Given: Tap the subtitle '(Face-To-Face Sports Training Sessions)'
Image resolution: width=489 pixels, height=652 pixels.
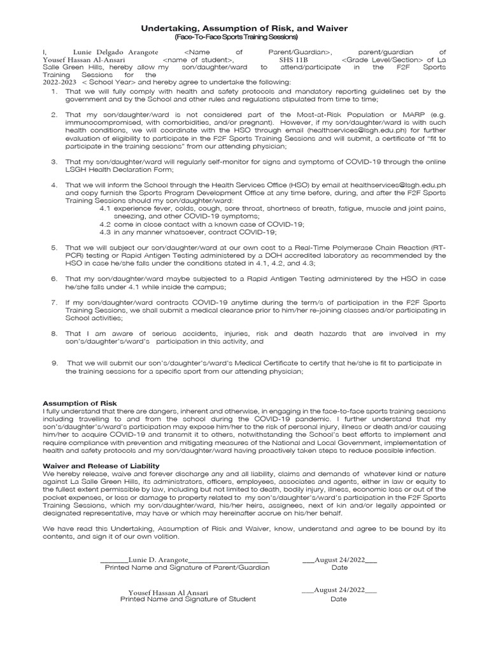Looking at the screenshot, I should pos(244,38).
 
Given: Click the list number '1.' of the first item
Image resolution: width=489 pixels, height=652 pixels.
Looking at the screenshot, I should pos(54,91).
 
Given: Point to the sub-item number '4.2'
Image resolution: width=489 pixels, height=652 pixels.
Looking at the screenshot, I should pos(106,223).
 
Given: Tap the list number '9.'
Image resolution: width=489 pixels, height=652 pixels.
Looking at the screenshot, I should pos(55,362).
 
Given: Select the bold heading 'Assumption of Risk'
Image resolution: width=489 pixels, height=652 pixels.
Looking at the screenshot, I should pos(80,404).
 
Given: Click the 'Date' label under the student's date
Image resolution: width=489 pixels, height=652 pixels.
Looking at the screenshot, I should pos(339,599).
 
